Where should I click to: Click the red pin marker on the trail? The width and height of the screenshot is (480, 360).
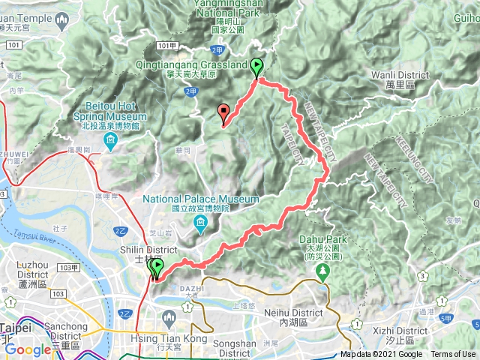223,112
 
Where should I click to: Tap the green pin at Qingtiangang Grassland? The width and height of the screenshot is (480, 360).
256,67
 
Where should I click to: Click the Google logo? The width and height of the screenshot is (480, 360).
28,349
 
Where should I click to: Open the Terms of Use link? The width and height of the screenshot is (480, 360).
453,355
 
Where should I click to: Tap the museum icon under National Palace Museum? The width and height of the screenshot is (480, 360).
201,224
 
